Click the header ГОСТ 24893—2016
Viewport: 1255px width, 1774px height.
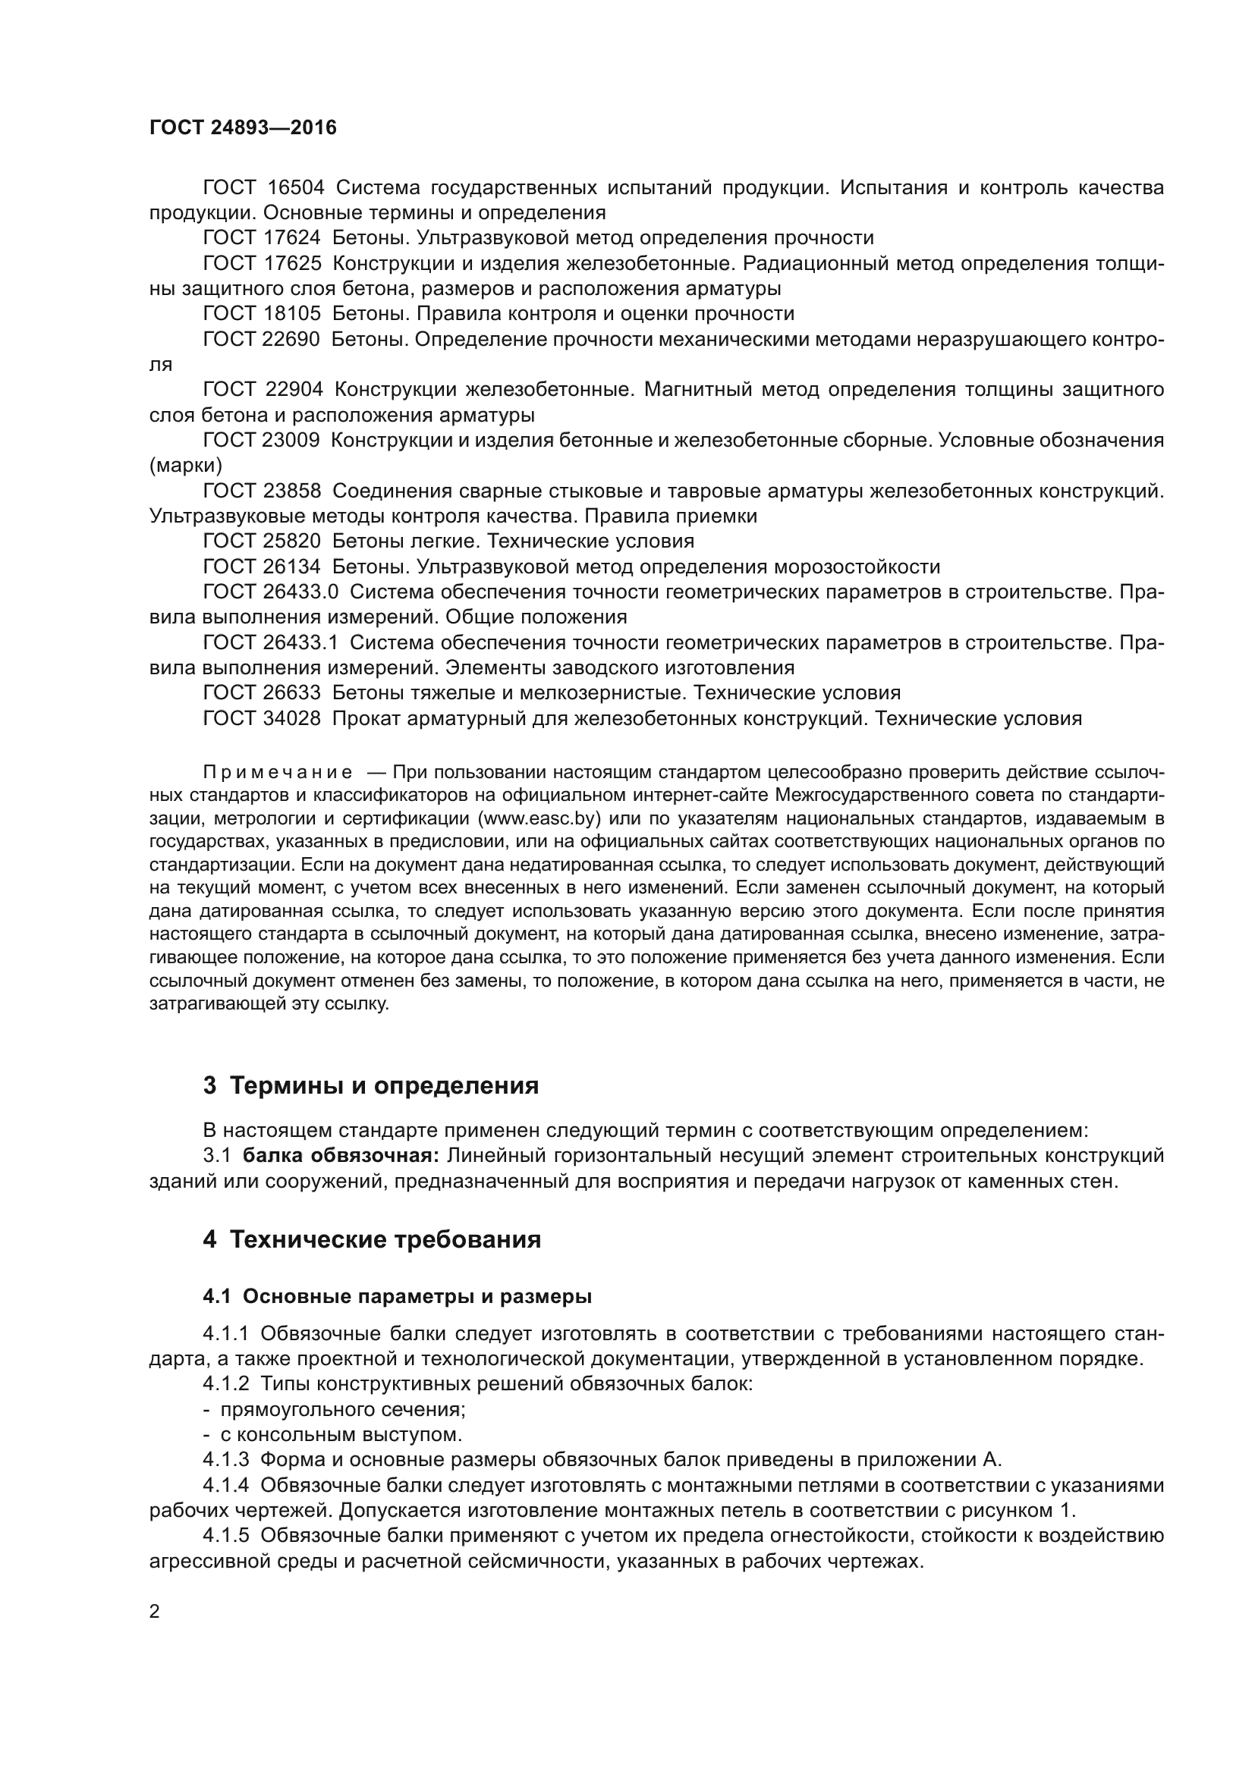[x=243, y=128]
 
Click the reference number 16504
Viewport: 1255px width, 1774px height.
[x=296, y=188]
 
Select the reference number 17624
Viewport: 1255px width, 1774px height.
[x=292, y=238]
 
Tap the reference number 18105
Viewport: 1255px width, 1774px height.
[x=292, y=314]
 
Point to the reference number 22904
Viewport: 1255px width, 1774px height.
[x=294, y=389]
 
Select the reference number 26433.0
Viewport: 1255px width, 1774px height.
[x=302, y=592]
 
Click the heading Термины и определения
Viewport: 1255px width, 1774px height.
[x=384, y=1085]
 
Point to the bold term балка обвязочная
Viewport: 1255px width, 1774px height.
[x=341, y=1156]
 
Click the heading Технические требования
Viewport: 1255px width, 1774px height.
[x=385, y=1240]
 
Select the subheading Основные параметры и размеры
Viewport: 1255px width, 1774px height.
[x=417, y=1297]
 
